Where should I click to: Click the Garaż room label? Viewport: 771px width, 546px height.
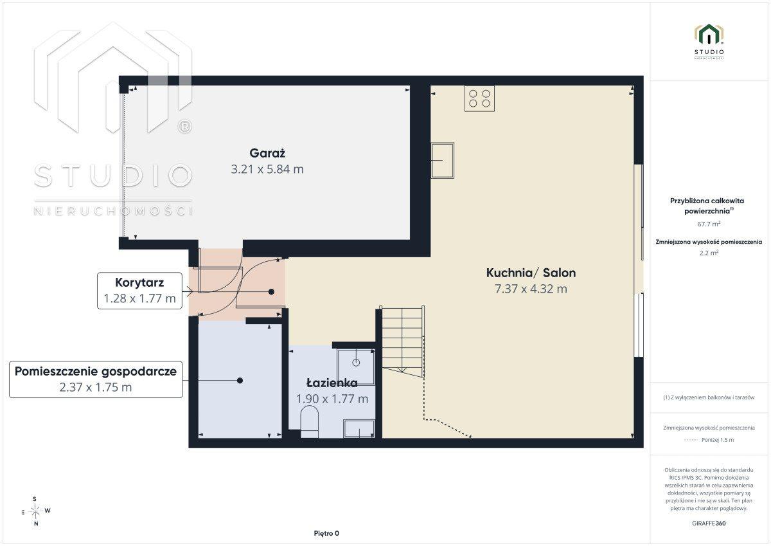tap(267, 153)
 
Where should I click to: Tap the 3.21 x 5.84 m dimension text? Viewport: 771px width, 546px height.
tap(267, 169)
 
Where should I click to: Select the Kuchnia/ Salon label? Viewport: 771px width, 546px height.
tap(531, 273)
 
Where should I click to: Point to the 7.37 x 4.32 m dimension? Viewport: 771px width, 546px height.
tap(531, 289)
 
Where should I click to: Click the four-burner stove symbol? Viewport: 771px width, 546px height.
tap(479, 98)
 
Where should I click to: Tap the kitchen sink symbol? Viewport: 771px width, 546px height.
tap(442, 161)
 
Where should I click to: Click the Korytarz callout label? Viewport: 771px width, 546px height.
tap(139, 282)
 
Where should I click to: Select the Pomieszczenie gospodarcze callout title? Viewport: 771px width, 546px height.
tap(96, 371)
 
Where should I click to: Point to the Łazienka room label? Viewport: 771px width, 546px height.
tap(332, 383)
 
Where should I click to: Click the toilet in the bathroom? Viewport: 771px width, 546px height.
tap(309, 422)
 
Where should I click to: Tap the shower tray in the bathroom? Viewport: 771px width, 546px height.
tap(356, 367)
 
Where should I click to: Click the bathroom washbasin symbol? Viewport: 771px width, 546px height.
tap(359, 429)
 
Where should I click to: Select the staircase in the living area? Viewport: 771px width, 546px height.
tap(402, 341)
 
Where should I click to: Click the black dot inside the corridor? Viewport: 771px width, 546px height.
tap(271, 292)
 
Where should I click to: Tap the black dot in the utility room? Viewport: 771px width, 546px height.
tap(240, 381)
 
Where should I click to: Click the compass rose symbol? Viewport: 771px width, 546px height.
tap(36, 511)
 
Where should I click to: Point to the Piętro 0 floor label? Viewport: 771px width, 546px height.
tap(326, 533)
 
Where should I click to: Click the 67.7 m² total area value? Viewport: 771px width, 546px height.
tap(709, 224)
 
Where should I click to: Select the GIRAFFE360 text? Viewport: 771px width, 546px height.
tap(709, 523)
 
